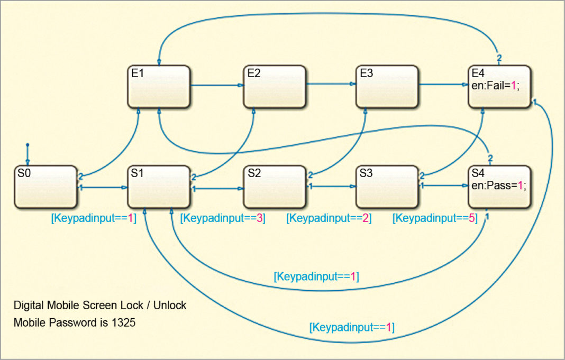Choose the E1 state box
pyautogui.click(x=159, y=87)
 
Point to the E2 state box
pyautogui.click(x=274, y=87)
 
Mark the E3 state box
pyautogui.click(x=387, y=87)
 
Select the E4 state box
pyautogui.click(x=499, y=87)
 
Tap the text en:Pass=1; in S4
pyautogui.click(x=497, y=186)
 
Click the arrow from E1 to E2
pyautogui.click(x=216, y=85)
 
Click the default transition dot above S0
pyautogui.click(x=28, y=144)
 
